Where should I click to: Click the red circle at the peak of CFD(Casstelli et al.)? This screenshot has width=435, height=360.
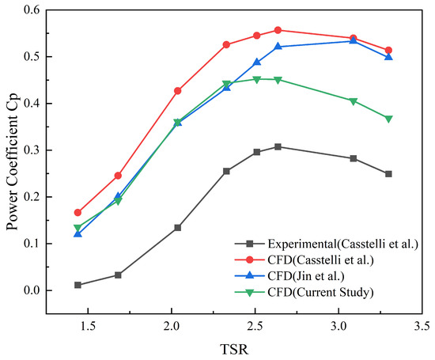(278, 30)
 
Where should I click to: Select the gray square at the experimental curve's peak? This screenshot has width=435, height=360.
(278, 147)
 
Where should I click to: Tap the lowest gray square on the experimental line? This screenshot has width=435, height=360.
(78, 285)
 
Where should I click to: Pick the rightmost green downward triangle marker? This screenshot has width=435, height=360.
(388, 119)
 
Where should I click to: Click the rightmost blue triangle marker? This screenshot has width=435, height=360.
(388, 57)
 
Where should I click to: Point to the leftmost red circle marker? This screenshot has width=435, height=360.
(78, 213)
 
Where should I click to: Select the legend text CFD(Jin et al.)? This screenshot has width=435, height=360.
(306, 276)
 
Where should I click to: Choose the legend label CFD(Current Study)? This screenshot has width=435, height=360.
(320, 292)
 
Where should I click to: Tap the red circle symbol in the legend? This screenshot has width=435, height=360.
(250, 260)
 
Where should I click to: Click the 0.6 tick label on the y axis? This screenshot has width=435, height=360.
(32, 10)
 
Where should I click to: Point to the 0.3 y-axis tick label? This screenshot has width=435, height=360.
(32, 150)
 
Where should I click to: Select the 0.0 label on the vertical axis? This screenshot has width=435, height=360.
(32, 290)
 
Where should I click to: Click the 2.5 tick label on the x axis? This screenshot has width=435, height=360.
(255, 326)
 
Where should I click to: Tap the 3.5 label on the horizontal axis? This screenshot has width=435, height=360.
(422, 326)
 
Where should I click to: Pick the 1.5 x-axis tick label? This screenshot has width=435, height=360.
(88, 326)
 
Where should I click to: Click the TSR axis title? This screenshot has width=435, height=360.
(234, 350)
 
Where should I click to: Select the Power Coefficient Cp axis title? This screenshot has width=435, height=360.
(12, 161)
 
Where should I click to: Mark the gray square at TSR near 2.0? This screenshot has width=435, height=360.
(178, 228)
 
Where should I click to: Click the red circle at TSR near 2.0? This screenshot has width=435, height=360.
(178, 91)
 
